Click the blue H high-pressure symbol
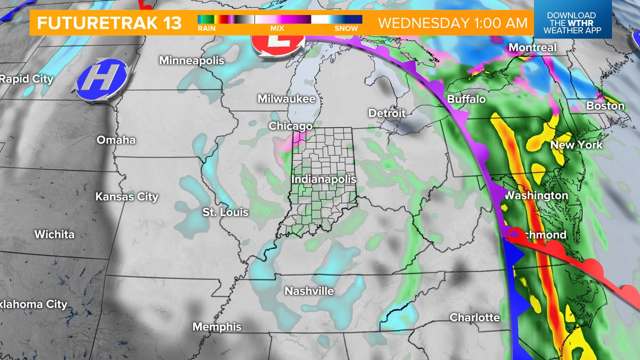101,79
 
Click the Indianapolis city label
324,179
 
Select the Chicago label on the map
291,126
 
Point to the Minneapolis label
192,61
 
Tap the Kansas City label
127,197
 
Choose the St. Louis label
226,212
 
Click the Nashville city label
309,291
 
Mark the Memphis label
217,327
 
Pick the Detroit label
387,113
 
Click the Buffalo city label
466,99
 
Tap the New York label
576,145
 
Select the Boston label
605,106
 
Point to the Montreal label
533,48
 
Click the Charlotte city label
475,318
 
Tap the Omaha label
116,140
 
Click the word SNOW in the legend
346,29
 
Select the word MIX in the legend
277,29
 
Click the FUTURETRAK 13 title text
109,23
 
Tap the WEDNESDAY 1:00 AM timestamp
453,23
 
